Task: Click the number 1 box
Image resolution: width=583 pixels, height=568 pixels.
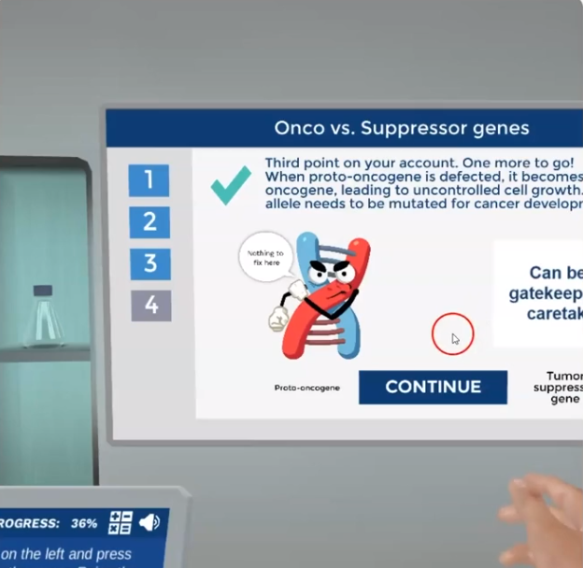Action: point(149,179)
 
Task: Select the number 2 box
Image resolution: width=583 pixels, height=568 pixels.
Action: point(149,221)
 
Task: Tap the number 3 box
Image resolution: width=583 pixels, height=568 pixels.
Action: point(149,263)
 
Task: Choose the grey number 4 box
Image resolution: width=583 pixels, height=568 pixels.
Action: point(150,305)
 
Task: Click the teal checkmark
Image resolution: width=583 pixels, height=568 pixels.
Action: point(230,184)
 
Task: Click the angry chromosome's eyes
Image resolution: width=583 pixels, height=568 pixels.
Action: point(329,275)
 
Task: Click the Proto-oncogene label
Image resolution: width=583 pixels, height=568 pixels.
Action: point(306,387)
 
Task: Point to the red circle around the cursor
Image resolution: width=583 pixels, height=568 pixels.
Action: point(452,334)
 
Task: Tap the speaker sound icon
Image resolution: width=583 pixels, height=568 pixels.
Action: point(149,522)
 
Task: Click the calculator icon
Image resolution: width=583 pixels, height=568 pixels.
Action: point(121,522)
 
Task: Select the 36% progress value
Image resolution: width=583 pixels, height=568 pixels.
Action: point(84,523)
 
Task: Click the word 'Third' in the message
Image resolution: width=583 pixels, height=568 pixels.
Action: point(285,163)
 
